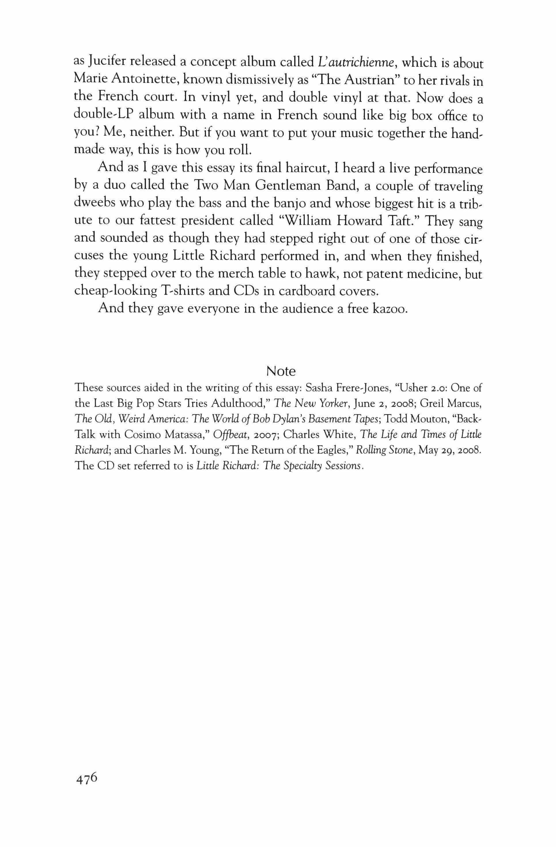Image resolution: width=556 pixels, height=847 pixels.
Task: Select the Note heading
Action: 281,372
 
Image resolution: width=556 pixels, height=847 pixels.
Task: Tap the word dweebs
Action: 94,202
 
